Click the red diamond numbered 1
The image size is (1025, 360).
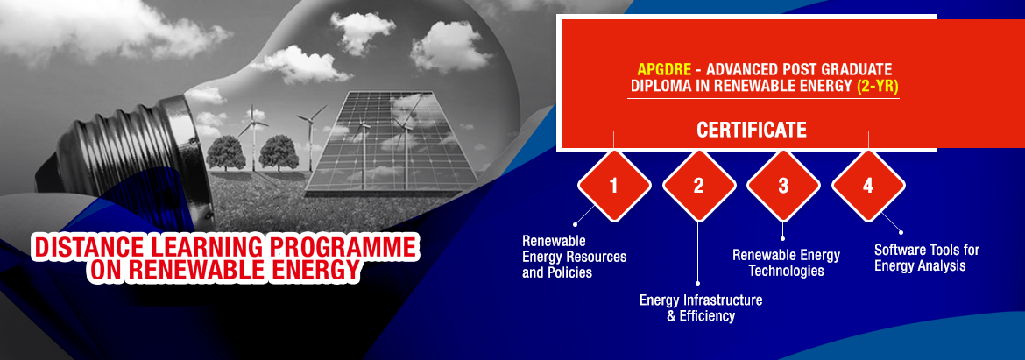click(614, 186)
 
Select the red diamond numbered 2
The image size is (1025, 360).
click(699, 186)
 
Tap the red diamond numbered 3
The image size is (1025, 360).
click(783, 186)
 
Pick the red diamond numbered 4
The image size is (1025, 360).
click(868, 186)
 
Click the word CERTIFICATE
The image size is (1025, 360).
click(751, 130)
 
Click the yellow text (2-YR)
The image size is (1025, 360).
click(878, 86)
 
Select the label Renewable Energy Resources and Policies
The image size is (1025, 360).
click(574, 257)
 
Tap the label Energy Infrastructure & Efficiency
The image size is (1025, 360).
click(701, 308)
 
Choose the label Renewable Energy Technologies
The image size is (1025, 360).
click(786, 263)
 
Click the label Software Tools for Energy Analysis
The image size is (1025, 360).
click(927, 258)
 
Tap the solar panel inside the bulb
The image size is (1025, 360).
click(391, 141)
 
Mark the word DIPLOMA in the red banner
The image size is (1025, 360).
click(657, 86)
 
